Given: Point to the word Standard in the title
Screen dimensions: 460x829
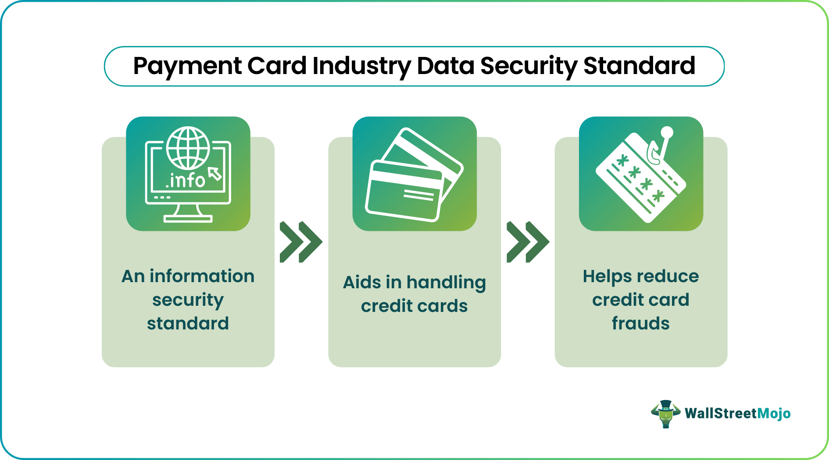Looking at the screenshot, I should coord(639,66).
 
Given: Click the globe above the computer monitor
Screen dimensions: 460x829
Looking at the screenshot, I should coord(188,148).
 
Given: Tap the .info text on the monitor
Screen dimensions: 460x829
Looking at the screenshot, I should coord(185,180).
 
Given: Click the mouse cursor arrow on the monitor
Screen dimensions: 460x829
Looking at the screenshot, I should coord(215,173).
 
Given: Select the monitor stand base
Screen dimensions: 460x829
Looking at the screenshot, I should coord(188,218).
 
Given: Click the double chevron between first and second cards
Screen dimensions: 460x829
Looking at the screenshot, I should coord(301,242).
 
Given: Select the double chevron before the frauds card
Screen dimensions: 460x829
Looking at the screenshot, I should coord(528,242).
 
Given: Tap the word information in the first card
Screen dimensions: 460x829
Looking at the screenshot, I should coord(202,276).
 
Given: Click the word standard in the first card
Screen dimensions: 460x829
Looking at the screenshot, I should coord(188,323).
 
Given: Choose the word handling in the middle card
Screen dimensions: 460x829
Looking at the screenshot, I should coord(446,283).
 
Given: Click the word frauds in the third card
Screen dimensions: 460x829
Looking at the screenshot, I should coord(641,323).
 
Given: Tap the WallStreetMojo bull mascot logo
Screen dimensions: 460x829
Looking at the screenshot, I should coord(665,414).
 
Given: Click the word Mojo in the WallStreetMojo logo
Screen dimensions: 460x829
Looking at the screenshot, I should coord(774,414).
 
